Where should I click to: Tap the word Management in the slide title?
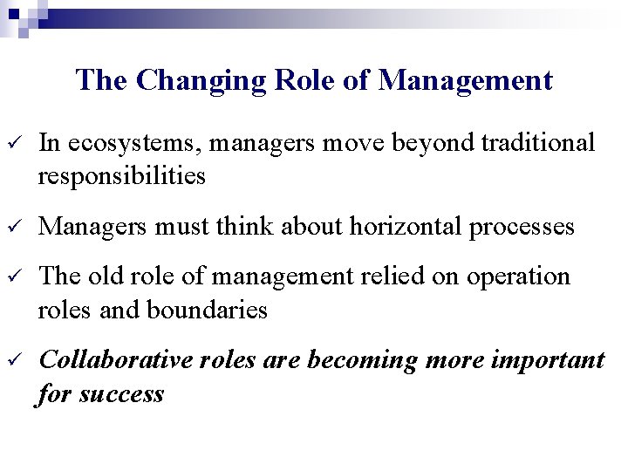coord(467,80)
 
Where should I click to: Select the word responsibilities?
coord(122,177)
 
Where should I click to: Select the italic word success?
coord(121,393)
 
